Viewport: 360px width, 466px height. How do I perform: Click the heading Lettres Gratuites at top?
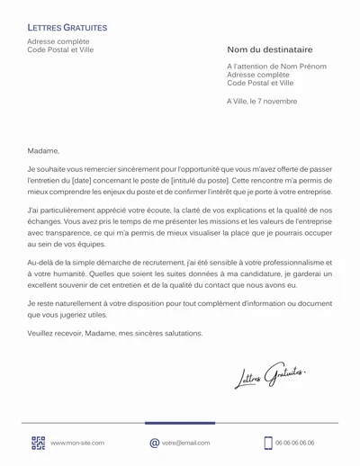67,29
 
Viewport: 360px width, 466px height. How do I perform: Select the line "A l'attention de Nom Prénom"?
276,67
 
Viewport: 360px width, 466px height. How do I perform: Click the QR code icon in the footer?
38,443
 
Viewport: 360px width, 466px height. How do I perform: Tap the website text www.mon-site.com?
77,443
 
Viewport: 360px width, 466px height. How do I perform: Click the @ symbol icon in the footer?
154,443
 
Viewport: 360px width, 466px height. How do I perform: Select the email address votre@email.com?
186,443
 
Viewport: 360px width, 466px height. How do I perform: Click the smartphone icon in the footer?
268,443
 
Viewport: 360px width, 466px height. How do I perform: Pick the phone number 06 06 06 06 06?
295,443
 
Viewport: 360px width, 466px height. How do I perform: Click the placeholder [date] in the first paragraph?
96,180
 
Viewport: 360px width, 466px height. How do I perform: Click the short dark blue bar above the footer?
179,423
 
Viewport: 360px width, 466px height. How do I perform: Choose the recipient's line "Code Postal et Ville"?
261,83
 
